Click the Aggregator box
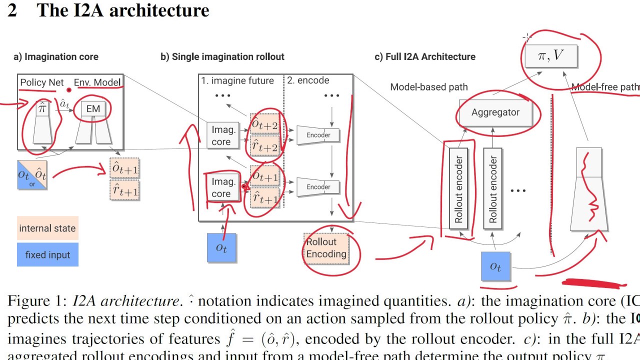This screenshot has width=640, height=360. (495, 112)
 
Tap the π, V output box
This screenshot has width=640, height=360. (550, 56)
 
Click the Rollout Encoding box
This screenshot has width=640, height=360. (326, 248)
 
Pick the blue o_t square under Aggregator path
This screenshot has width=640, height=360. (495, 267)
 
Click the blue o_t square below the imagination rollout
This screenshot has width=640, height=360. (221, 247)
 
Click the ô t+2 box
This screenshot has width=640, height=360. (264, 124)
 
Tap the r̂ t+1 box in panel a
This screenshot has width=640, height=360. (124, 190)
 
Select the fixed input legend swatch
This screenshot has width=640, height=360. (47, 254)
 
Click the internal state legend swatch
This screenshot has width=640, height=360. (47, 228)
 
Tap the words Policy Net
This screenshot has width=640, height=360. (42, 82)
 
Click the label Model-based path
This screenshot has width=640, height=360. (429, 87)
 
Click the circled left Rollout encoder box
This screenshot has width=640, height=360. (458, 189)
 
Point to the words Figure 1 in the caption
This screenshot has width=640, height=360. (36, 301)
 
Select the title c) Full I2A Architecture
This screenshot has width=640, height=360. (425, 56)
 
